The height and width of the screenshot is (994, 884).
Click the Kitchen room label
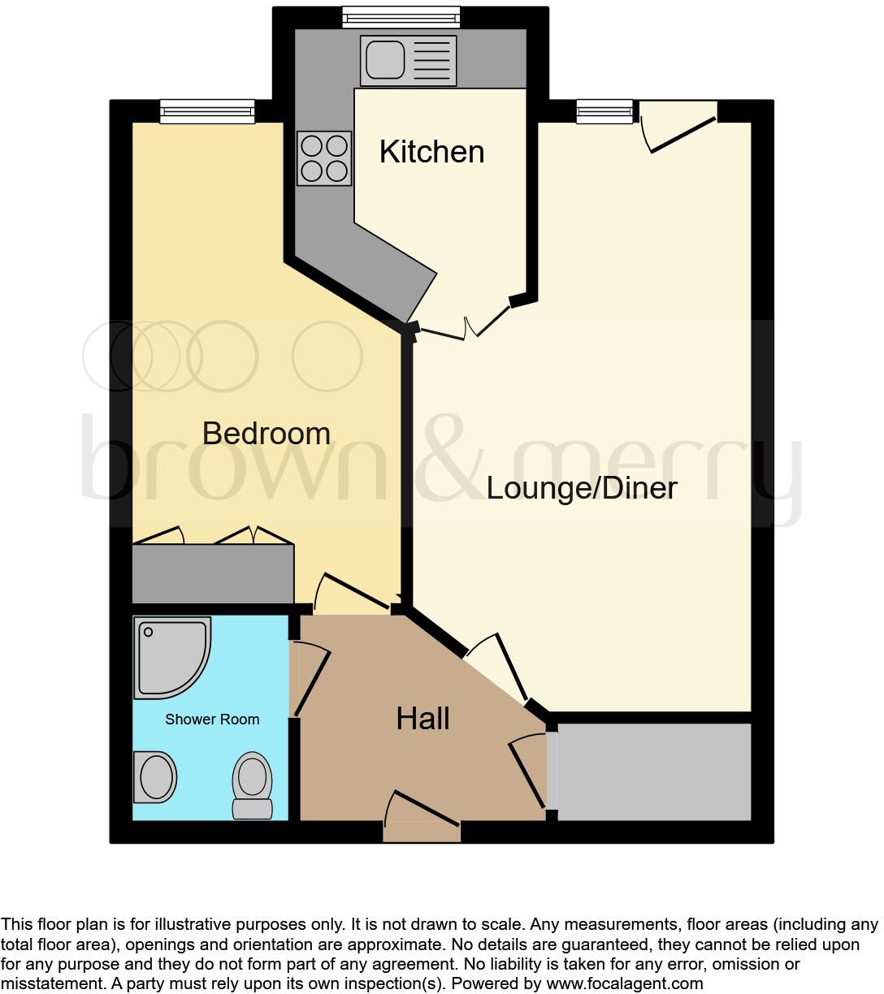[x=431, y=152]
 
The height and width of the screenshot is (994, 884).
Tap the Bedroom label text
[x=266, y=433]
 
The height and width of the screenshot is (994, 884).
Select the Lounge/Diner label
[x=582, y=488]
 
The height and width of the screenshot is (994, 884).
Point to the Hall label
[x=422, y=718]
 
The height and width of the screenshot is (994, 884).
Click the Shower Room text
[x=212, y=720]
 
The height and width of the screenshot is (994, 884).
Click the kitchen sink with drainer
[x=408, y=60]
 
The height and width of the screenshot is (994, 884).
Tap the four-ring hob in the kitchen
[x=324, y=158]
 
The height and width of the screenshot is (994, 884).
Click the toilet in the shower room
[x=253, y=784]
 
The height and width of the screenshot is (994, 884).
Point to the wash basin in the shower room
[x=155, y=777]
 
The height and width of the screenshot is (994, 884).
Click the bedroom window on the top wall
[x=207, y=111]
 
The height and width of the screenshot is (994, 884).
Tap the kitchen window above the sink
[x=401, y=17]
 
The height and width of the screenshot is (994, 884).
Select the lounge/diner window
[x=604, y=111]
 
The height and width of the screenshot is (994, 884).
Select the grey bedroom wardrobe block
[x=213, y=573]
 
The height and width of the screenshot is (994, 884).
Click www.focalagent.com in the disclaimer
[x=624, y=983]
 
